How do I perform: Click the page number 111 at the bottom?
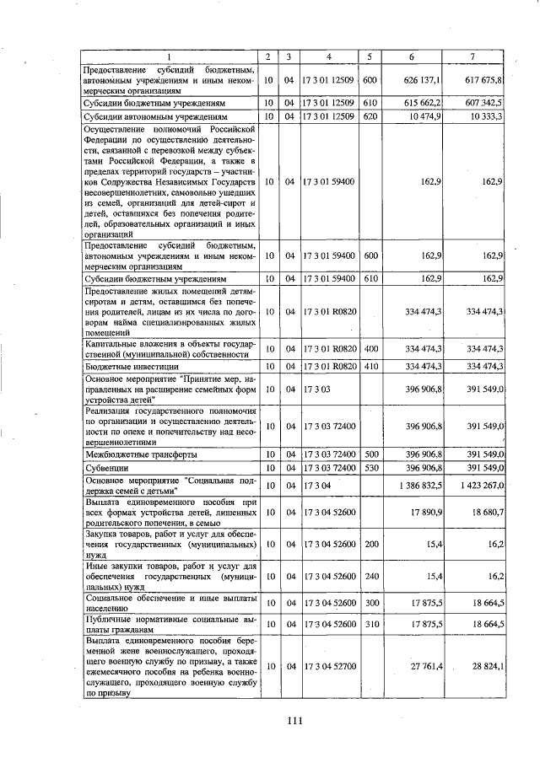294,719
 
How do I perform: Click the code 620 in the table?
369,116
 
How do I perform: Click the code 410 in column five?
369,366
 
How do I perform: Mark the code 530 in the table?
369,467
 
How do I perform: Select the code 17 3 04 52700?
328,666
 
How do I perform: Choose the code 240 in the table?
369,575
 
